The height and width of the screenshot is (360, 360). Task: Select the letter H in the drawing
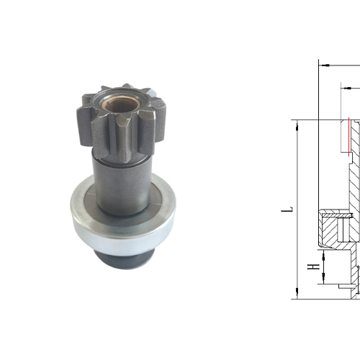(311, 268)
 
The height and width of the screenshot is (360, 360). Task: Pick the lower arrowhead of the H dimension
(323, 279)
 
